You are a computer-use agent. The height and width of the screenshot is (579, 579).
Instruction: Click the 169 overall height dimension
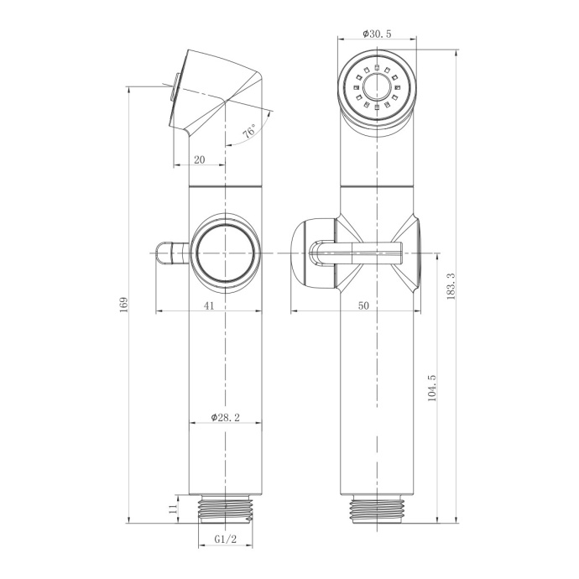click(123, 303)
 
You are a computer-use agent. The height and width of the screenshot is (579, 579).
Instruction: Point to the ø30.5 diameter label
click(378, 34)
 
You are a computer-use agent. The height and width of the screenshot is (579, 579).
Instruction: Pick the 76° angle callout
click(249, 133)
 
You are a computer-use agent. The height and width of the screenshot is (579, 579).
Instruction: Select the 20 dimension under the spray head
click(199, 159)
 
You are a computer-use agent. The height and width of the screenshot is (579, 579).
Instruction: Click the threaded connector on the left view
click(225, 509)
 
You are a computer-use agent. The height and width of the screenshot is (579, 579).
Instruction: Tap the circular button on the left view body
click(224, 252)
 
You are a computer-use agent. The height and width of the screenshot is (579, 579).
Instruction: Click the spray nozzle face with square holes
click(378, 87)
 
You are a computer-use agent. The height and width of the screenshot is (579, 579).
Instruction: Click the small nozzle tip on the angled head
click(175, 87)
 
